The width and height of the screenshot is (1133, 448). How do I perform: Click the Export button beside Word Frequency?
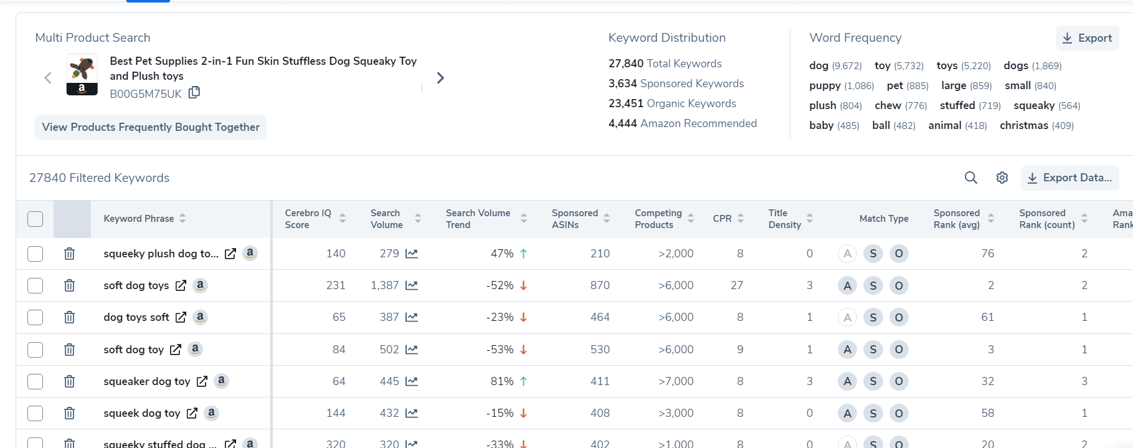point(1087,38)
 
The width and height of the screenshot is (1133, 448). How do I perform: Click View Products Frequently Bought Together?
point(151,127)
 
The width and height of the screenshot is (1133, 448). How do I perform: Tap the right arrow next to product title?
point(440,78)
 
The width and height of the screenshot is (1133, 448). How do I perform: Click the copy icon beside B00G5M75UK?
point(194,93)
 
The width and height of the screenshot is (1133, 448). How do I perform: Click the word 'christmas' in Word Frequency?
point(1023,125)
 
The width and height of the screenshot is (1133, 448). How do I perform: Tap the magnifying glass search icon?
point(970,178)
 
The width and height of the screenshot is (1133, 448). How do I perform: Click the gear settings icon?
point(1002,178)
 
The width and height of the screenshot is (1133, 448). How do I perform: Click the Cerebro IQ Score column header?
point(308,219)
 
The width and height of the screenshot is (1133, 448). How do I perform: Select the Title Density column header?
point(784,219)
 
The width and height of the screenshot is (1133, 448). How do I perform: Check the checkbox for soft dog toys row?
point(36,285)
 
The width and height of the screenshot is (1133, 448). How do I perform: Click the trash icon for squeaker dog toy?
point(69,381)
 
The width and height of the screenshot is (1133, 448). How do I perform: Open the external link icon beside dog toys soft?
point(181,317)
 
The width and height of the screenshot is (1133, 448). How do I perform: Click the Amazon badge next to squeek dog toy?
point(212,412)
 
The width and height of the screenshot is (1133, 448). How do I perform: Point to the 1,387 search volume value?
point(384,285)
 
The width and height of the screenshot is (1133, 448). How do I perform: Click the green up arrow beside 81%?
point(523,381)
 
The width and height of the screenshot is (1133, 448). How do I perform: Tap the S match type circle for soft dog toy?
point(873,350)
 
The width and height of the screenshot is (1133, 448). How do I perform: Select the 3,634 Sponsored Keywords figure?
point(622,83)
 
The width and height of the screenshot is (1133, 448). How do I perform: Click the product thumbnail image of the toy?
point(82,74)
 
